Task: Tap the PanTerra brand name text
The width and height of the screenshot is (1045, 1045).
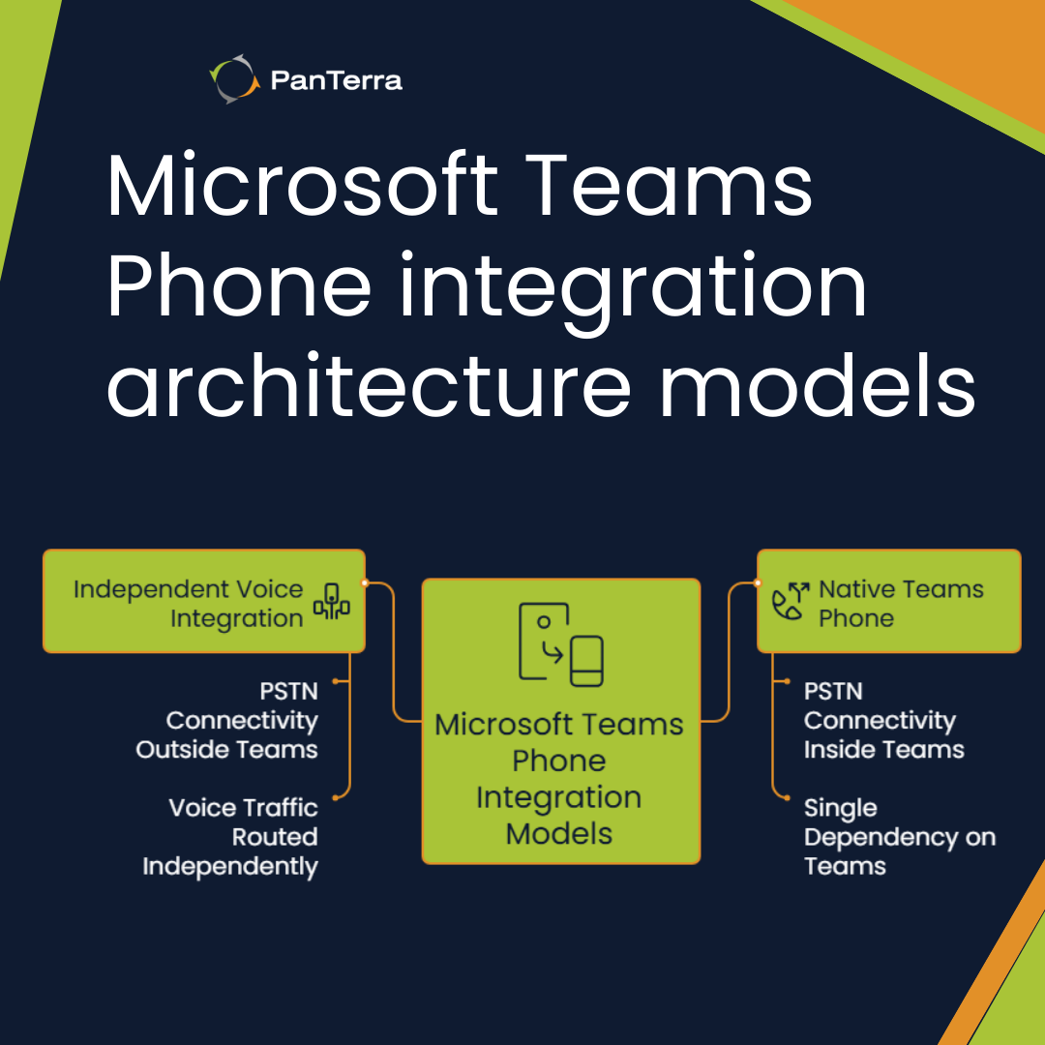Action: point(336,80)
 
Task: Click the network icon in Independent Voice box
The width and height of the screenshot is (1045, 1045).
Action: point(331,602)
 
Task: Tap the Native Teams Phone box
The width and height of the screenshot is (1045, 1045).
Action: point(888,601)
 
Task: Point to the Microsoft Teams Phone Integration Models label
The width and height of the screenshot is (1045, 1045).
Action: point(559,779)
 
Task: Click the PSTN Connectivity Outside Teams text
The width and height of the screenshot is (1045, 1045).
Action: point(227,721)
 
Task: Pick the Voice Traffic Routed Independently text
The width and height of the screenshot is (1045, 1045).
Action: point(230,837)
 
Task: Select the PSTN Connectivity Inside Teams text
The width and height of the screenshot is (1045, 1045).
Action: point(883,721)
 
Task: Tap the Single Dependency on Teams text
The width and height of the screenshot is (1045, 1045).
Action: point(899,837)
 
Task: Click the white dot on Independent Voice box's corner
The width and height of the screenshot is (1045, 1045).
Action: point(365,582)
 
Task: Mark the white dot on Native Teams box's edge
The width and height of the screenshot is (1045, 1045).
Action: point(758,582)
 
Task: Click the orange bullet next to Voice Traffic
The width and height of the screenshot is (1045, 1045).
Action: point(335,797)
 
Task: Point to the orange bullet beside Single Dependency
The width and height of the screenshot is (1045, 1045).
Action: point(787,797)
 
